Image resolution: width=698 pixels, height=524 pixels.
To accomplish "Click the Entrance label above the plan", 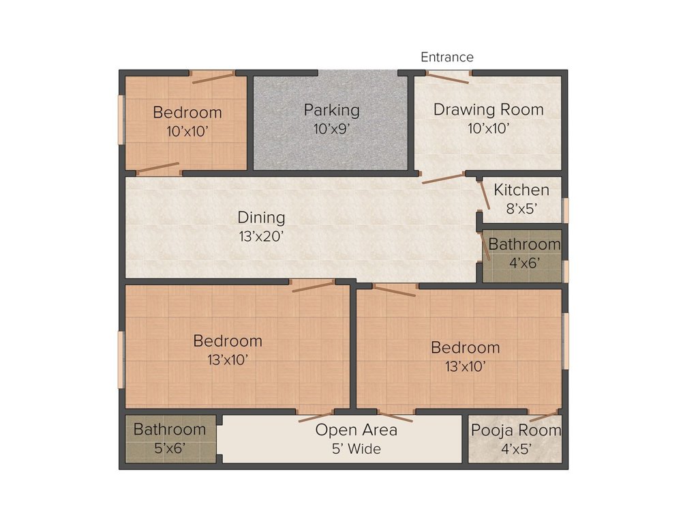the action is tap(447, 57).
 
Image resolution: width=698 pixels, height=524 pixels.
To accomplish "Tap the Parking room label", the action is tap(332, 111).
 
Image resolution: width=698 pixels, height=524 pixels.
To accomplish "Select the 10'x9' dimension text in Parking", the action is tap(332, 129).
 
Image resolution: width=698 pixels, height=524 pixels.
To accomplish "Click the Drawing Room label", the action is tap(488, 110).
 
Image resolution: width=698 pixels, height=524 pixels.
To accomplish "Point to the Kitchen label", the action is tap(521, 190).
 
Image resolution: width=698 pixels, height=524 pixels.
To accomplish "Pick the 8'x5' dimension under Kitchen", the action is tap(521, 209).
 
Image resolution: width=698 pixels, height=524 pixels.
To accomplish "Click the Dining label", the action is tap(261, 218).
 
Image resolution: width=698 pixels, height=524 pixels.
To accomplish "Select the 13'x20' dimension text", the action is tap(261, 236).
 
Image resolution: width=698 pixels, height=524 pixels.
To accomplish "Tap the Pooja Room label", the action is tap(517, 431).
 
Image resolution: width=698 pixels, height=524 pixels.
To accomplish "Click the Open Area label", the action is tap(356, 430).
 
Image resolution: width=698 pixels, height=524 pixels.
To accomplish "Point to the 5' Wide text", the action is tap(356, 449).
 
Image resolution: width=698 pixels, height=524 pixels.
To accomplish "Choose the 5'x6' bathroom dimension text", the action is tap(170, 448).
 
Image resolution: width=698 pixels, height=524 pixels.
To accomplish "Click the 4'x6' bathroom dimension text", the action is tap(525, 263).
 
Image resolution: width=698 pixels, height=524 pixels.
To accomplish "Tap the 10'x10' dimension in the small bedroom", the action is tap(187, 132).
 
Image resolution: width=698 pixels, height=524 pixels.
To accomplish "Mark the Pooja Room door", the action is tap(543, 416).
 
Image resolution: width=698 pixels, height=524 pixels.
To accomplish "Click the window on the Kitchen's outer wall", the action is tap(565, 210).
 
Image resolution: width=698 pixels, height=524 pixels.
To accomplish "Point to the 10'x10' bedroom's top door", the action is tap(213, 77).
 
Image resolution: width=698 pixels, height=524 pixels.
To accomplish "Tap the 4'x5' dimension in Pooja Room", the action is tap(517, 449).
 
